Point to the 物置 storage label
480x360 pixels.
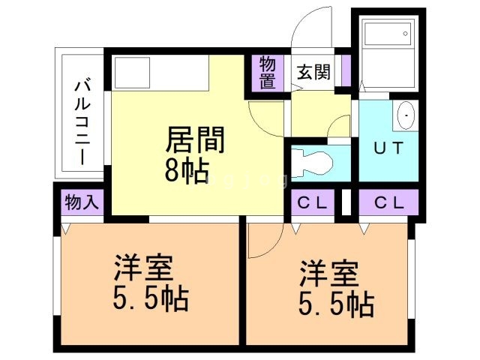(x=268, y=73)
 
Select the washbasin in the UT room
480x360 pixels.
(x=405, y=116)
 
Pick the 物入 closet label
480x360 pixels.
(x=81, y=202)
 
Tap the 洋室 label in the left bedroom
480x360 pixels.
(x=143, y=266)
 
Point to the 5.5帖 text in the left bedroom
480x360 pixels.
(x=150, y=299)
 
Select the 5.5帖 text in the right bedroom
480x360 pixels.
(x=337, y=303)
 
